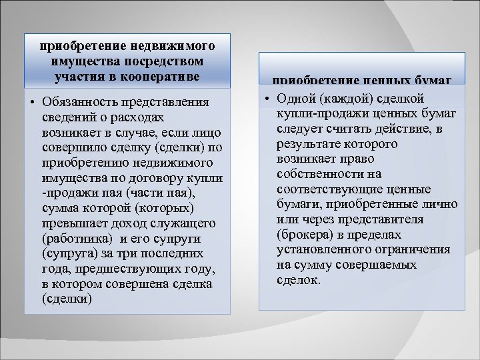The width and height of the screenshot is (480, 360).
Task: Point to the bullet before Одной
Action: pos(265,98)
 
